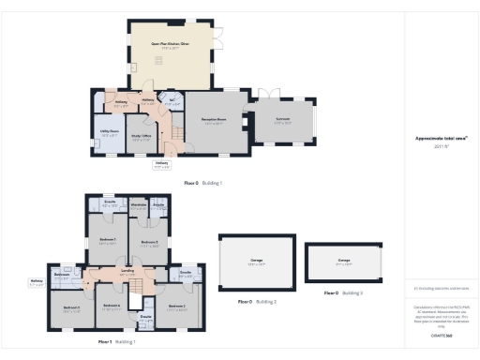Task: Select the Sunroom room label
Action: pyautogui.click(x=283, y=120)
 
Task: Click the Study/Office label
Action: pyautogui.click(x=140, y=137)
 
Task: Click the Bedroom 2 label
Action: pyautogui.click(x=177, y=307)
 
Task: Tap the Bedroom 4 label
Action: pyautogui.click(x=112, y=307)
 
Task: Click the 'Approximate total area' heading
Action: pyautogui.click(x=441, y=138)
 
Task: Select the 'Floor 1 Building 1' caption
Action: pyautogui.click(x=117, y=343)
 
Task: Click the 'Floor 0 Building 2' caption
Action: pyautogui.click(x=255, y=301)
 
